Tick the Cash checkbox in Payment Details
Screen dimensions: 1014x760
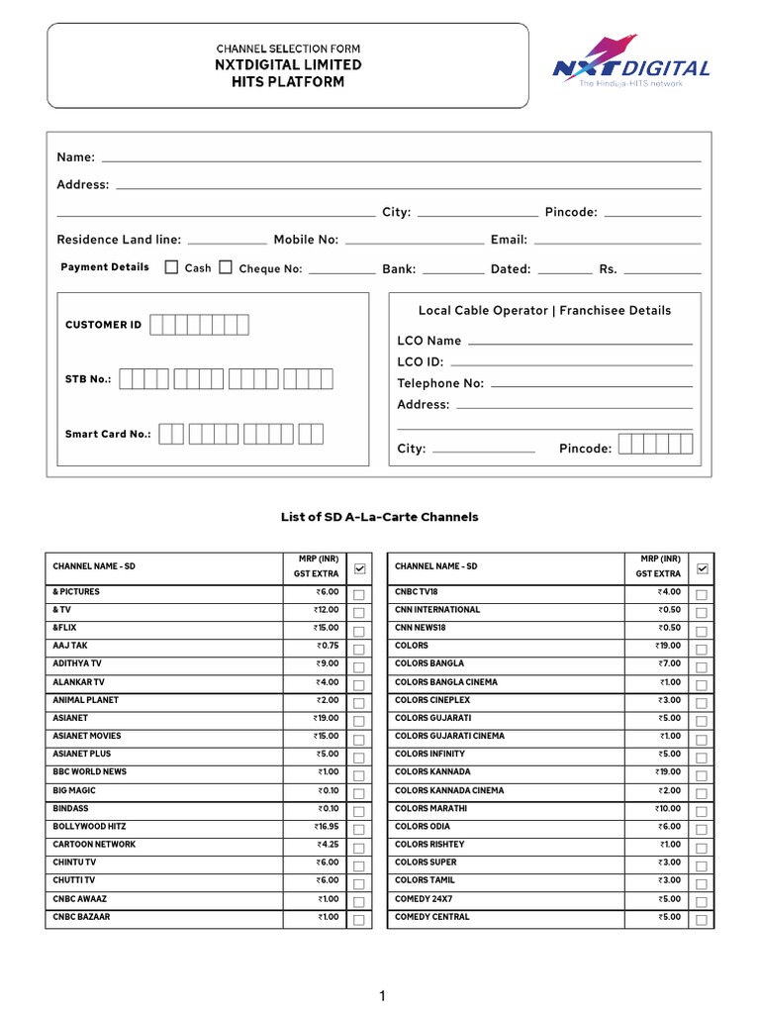(x=171, y=267)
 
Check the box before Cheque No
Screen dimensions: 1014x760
(x=226, y=267)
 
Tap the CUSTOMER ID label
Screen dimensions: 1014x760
(x=103, y=325)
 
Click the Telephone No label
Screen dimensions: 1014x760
(x=440, y=383)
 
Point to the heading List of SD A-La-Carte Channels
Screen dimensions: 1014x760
(x=380, y=517)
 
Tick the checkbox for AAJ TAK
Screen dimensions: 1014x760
(x=358, y=649)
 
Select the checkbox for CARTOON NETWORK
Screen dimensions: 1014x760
(x=358, y=848)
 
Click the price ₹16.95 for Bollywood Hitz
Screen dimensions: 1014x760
(x=327, y=827)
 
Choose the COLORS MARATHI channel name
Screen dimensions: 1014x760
(x=430, y=809)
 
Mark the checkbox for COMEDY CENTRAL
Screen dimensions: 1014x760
(x=701, y=920)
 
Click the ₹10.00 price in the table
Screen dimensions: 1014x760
(x=667, y=809)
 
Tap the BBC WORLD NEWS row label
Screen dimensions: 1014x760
(x=90, y=772)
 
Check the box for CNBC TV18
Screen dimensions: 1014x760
(x=701, y=595)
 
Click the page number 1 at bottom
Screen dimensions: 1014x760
(x=381, y=996)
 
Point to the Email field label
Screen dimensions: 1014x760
(x=509, y=240)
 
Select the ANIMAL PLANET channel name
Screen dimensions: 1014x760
(x=86, y=700)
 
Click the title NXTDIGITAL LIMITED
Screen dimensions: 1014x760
(x=288, y=65)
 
